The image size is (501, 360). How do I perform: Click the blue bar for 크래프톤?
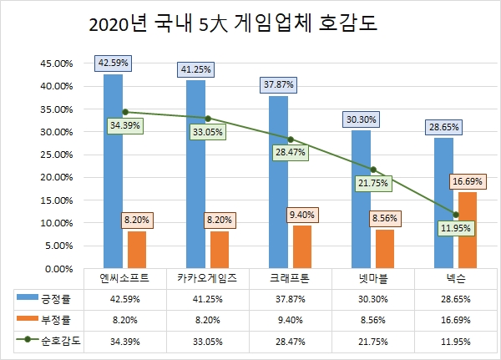[278, 182]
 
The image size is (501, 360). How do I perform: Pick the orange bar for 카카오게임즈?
[219, 250]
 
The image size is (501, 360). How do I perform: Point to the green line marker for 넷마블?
[373, 170]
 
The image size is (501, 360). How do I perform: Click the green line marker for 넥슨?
[455, 215]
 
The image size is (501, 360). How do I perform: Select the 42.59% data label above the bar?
[113, 62]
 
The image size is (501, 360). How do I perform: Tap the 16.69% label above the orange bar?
[468, 180]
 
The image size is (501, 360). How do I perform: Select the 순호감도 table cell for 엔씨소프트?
[124, 342]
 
